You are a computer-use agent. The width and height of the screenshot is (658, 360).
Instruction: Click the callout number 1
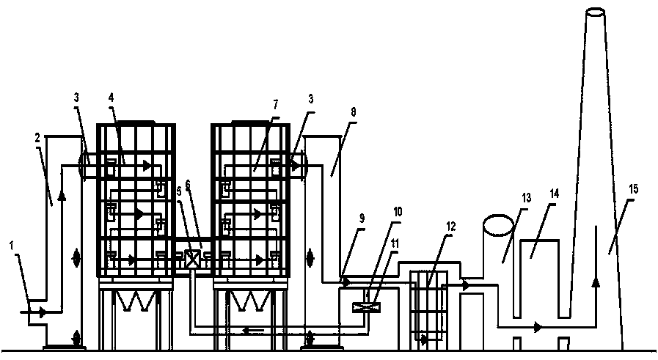point(12,246)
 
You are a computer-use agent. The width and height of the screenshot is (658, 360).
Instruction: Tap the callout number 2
point(37,139)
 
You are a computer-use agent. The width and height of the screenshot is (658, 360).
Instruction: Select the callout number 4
point(111,98)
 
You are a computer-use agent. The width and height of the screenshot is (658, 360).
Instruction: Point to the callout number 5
point(179,191)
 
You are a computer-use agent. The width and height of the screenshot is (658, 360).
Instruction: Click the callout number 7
point(275,104)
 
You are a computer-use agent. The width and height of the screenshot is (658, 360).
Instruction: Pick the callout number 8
point(353,112)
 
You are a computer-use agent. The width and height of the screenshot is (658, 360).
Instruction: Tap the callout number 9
point(362,218)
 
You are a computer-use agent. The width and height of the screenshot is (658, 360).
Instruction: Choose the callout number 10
point(397,212)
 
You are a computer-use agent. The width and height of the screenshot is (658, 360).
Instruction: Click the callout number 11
point(395,243)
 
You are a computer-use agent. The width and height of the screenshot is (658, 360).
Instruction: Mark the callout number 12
point(450,226)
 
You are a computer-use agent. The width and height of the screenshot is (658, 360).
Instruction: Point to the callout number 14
point(555,194)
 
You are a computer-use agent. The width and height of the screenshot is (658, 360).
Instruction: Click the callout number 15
point(633,189)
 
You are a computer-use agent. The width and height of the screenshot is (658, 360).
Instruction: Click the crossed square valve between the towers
point(192,259)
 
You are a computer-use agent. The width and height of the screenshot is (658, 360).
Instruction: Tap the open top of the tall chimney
point(595,12)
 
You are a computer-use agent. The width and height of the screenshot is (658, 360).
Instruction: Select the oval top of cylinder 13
point(499,225)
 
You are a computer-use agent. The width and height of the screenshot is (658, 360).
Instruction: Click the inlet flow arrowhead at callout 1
point(43,312)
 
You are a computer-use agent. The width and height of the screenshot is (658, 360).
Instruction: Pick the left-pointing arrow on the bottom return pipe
point(252,331)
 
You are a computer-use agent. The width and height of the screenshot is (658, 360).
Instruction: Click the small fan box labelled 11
point(367,307)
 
